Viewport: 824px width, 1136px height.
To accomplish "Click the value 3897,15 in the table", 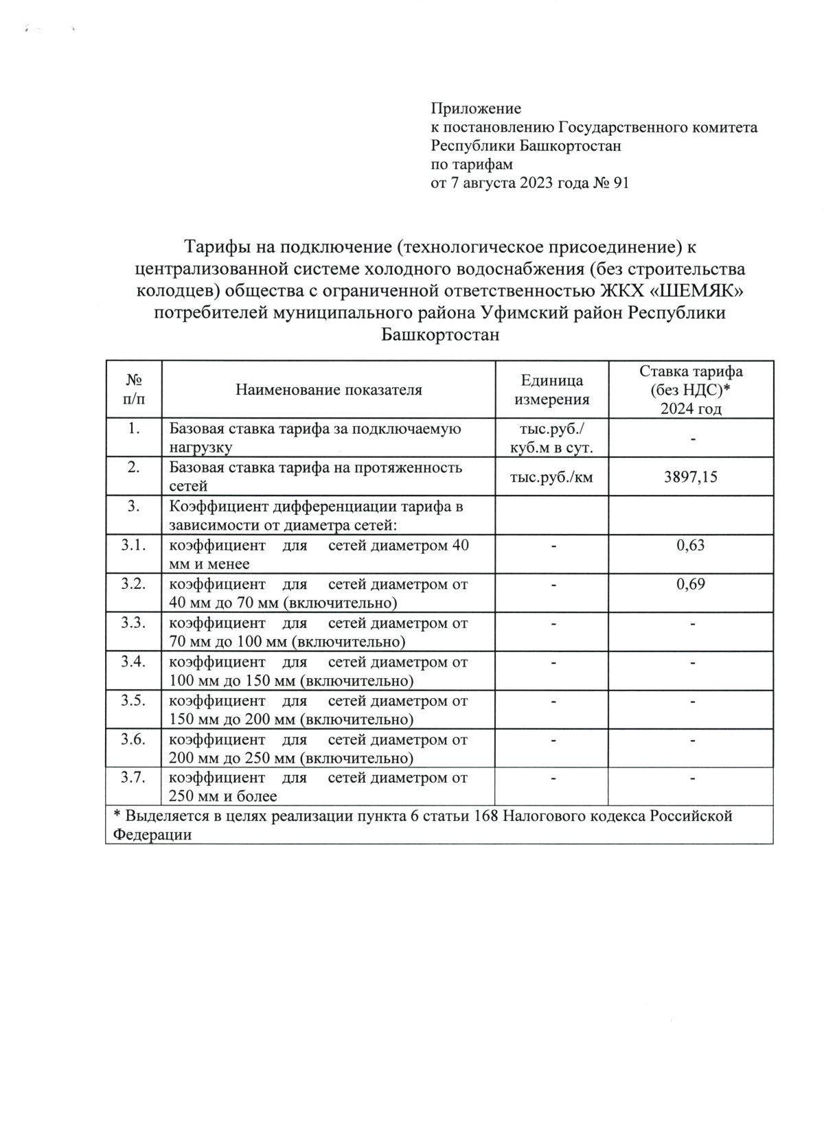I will (x=690, y=476).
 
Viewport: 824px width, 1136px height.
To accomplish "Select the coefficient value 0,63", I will (x=690, y=546).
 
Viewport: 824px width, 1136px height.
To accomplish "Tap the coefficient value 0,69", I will (x=690, y=585).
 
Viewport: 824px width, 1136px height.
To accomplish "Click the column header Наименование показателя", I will (x=329, y=390).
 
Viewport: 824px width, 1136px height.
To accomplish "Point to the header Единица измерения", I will (x=551, y=390).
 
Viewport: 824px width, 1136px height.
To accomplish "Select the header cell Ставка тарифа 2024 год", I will (x=690, y=390).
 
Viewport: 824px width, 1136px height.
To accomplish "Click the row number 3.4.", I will (x=134, y=662).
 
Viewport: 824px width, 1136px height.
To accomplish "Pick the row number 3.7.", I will (x=134, y=778).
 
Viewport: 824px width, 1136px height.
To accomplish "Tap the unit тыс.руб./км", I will (x=551, y=476).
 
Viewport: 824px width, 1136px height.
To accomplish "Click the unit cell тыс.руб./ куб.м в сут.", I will (x=551, y=439).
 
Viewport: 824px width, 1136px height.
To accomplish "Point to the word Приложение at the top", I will (x=476, y=108).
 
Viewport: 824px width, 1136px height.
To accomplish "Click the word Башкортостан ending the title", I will (x=439, y=336).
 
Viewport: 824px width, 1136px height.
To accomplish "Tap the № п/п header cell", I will (x=134, y=389).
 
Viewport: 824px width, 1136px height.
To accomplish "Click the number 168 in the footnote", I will (x=487, y=816).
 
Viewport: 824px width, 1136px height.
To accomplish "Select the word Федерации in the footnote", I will (x=152, y=835).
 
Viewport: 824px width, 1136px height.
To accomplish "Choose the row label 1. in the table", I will (x=134, y=429).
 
